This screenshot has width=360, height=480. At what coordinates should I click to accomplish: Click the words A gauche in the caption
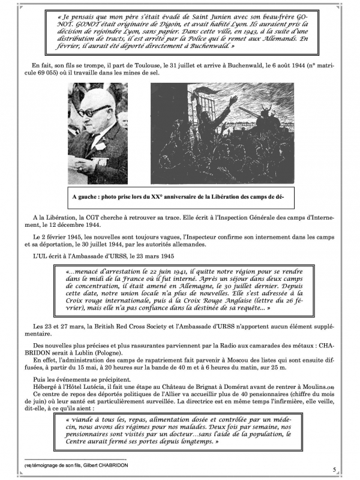[86, 196]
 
